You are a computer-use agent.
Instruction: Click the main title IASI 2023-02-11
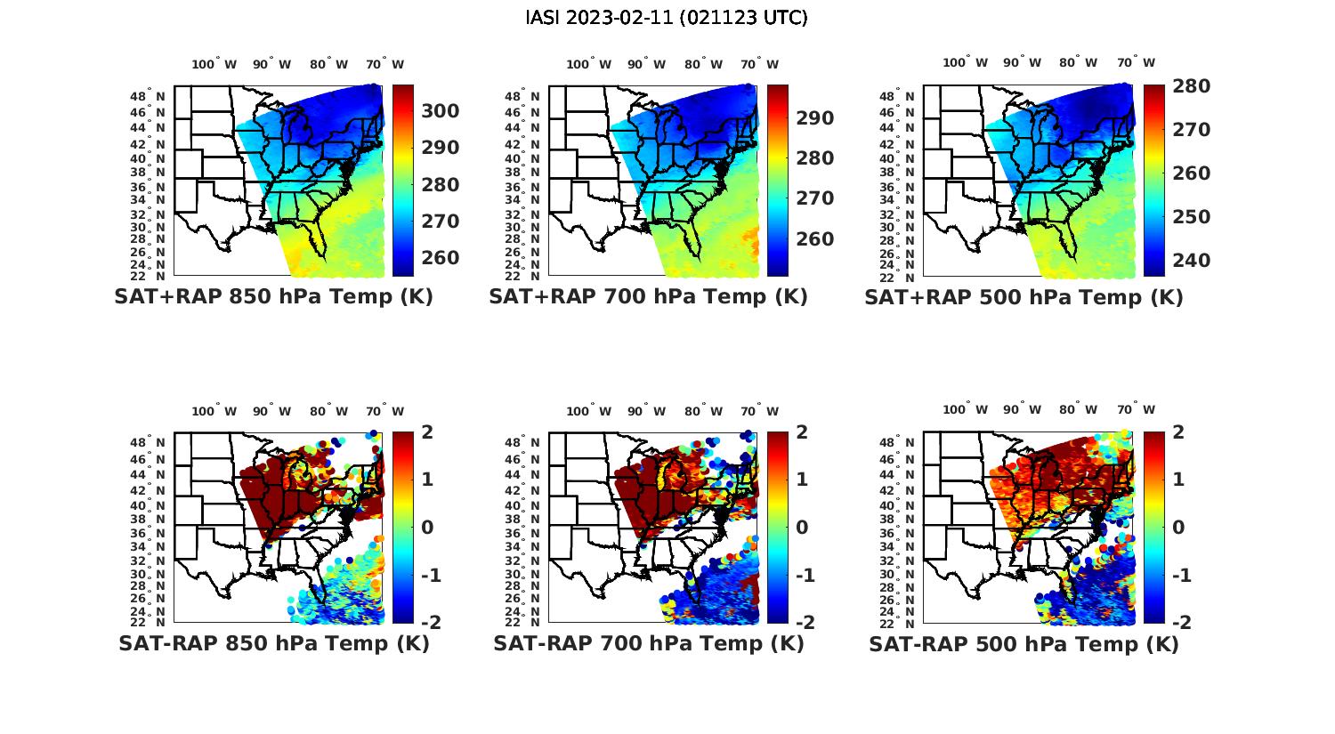pos(667,17)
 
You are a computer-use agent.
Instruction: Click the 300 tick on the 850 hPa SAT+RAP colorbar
pos(440,111)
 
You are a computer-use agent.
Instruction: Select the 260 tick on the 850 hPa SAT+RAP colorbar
pos(440,258)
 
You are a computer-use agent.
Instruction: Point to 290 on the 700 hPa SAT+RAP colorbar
pos(814,118)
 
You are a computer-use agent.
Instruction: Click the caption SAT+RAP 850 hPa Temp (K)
pos(273,297)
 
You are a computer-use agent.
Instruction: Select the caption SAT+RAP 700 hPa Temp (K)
pos(648,297)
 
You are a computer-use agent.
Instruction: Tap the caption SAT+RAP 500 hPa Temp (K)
pos(1023,297)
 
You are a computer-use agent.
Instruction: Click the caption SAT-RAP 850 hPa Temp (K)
pos(273,643)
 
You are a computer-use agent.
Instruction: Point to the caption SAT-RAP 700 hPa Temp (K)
pos(648,643)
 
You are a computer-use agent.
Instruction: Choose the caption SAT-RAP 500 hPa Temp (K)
pos(1023,643)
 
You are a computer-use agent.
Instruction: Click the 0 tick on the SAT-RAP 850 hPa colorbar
pos(427,528)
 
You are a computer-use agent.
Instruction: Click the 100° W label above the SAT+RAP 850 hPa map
pos(214,64)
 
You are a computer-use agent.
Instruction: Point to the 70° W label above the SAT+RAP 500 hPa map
pos(1136,63)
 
